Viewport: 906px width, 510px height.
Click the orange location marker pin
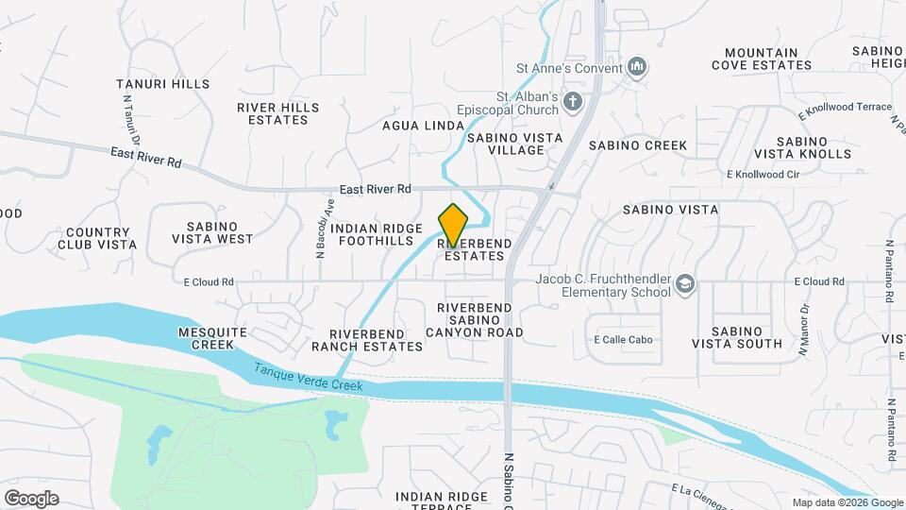pyautogui.click(x=453, y=225)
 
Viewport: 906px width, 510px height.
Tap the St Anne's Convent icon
pyautogui.click(x=638, y=67)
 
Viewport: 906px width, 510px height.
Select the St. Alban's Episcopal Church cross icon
pyautogui.click(x=572, y=101)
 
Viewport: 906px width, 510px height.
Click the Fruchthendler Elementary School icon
pyautogui.click(x=686, y=283)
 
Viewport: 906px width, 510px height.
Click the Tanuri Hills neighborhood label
pyautogui.click(x=162, y=84)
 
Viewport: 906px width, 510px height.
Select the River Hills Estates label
pyautogui.click(x=278, y=113)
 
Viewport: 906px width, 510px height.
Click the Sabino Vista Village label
pyautogui.click(x=514, y=144)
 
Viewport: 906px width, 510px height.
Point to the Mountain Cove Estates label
pyautogui.click(x=761, y=59)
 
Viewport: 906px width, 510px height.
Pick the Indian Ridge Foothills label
pyautogui.click(x=383, y=234)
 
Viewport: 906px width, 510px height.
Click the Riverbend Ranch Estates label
pyautogui.click(x=367, y=340)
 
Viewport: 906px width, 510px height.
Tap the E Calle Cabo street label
pyautogui.click(x=623, y=340)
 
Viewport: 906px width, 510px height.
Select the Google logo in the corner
pyautogui.click(x=31, y=498)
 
